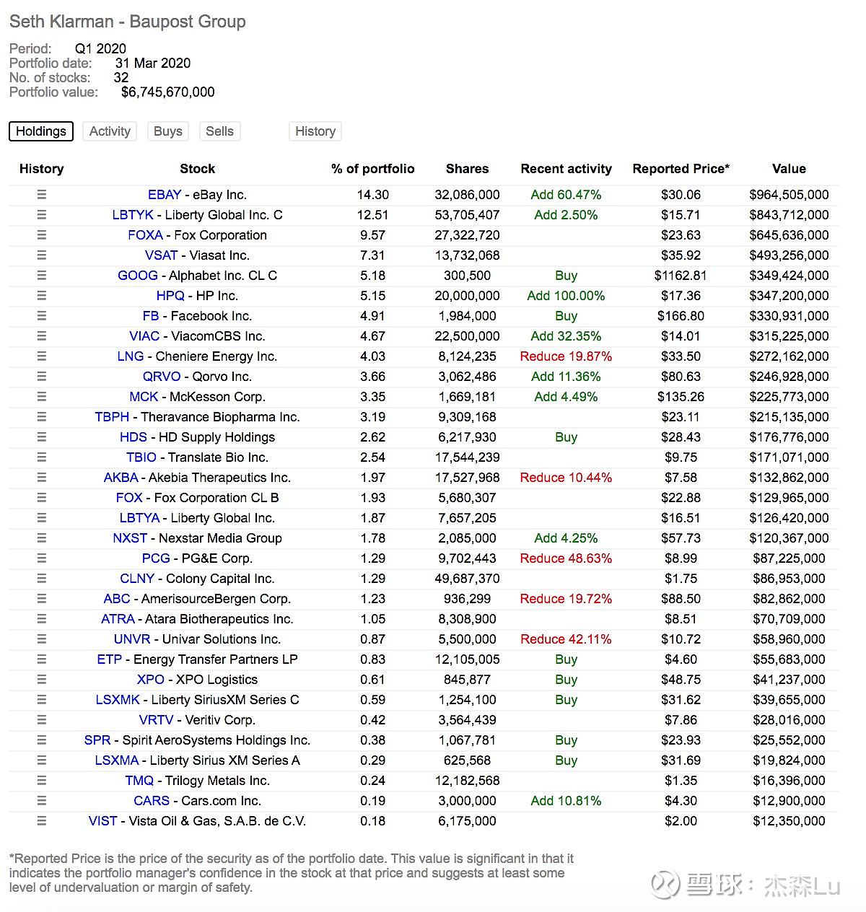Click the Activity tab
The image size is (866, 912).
click(110, 131)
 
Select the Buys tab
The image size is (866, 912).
click(168, 131)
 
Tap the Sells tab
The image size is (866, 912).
click(219, 131)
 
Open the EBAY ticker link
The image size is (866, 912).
click(165, 195)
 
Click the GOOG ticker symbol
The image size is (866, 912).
click(137, 276)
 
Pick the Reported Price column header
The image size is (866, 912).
click(681, 169)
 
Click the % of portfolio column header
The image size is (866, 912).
click(372, 169)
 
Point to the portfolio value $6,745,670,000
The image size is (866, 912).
click(167, 92)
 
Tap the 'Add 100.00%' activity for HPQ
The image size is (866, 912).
click(566, 296)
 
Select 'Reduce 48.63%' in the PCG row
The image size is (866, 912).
click(566, 558)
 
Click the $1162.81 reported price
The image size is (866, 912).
click(681, 276)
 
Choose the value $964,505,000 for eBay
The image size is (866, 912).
click(789, 195)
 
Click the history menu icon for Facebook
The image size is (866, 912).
click(42, 316)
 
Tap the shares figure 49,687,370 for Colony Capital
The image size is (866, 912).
click(467, 579)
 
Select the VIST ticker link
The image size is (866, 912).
click(102, 821)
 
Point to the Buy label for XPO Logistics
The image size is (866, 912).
click(566, 680)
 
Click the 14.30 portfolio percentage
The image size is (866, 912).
click(372, 195)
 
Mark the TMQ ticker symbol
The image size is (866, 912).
click(139, 781)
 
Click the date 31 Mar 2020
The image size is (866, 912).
click(153, 63)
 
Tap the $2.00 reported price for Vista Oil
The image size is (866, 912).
click(681, 821)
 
